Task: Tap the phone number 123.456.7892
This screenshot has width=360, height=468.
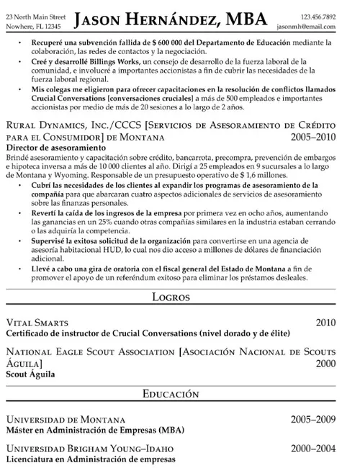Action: coord(318,16)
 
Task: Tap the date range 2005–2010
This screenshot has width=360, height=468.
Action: coord(313,136)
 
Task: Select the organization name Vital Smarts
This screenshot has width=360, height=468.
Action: coord(34,322)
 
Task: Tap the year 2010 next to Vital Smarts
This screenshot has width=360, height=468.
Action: coord(325,322)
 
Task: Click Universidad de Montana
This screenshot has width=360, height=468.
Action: coord(65,419)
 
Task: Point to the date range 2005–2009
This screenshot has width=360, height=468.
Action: coord(313,419)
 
